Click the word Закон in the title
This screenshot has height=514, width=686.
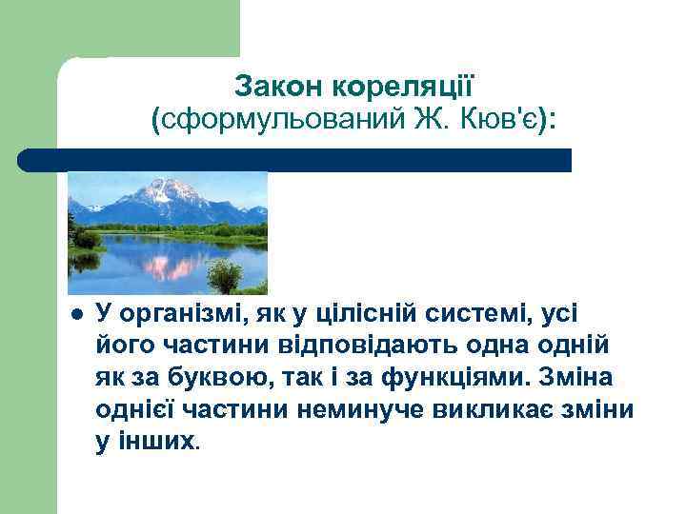tap(277, 88)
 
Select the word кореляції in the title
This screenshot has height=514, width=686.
tap(401, 88)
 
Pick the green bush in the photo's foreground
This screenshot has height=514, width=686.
tap(224, 277)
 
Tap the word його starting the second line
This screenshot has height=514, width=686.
tap(122, 348)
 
